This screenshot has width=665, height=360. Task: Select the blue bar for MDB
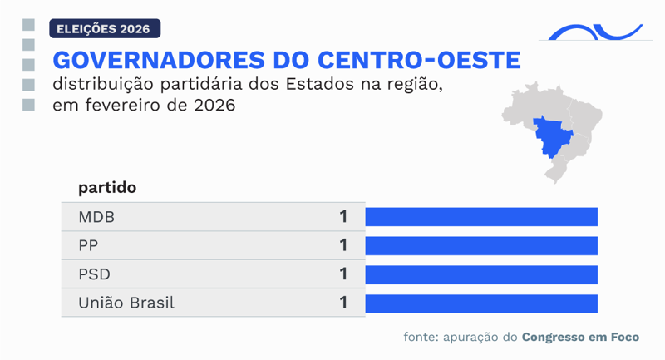[x=481, y=217]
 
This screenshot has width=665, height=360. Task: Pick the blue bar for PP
[x=481, y=246]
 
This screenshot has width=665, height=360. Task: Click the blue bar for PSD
[x=481, y=274]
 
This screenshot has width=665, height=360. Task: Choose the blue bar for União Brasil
[x=481, y=303]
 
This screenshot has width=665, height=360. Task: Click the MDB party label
[x=96, y=217]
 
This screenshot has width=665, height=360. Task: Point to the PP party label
[x=89, y=246]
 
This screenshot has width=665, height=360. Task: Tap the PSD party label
[x=95, y=274]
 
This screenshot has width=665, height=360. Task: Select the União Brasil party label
[x=126, y=303]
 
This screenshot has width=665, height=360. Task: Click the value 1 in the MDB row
[x=342, y=217]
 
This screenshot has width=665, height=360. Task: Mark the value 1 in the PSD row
[x=342, y=274]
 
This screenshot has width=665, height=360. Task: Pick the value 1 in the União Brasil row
[x=342, y=303]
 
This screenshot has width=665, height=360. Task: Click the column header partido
[x=107, y=188]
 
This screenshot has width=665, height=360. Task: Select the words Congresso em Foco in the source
[x=580, y=338]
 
